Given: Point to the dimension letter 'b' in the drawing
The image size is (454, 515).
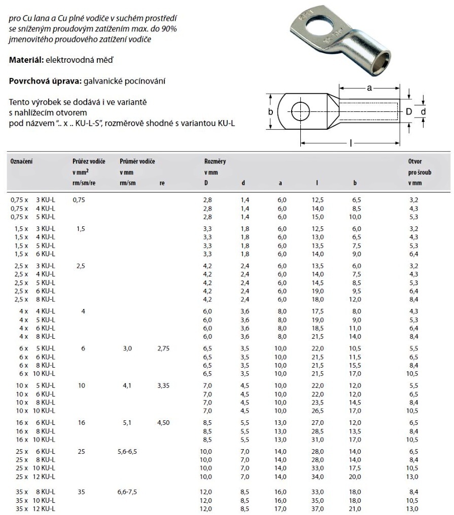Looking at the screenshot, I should [271, 111].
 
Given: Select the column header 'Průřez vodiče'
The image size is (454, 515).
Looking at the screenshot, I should [89, 161].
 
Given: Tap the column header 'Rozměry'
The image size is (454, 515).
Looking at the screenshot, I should [215, 161].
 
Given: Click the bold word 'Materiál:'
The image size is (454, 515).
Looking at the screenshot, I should [26, 60].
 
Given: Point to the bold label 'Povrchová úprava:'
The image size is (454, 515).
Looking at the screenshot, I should [42, 81].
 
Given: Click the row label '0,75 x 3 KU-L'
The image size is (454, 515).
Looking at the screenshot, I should [32, 200].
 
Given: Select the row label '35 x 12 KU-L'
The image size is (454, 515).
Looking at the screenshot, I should [32, 508].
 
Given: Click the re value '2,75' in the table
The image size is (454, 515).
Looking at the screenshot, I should [164, 348].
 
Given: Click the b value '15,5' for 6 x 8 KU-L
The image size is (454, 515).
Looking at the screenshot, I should [355, 365].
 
